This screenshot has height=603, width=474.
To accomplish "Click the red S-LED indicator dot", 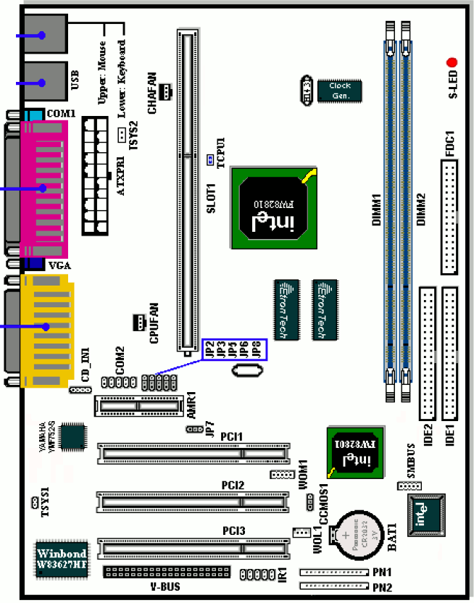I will coord(452,63).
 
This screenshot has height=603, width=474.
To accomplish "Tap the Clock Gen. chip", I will coord(340,91).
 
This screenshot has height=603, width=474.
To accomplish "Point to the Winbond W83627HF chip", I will coord(62,559).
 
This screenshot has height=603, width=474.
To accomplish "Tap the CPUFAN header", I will coord(138,321).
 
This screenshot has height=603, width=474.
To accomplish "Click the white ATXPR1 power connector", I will coord(98,175).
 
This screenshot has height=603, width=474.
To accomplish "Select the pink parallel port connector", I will coord(43,188).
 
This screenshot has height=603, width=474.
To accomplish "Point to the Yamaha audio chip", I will coord(73,435).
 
